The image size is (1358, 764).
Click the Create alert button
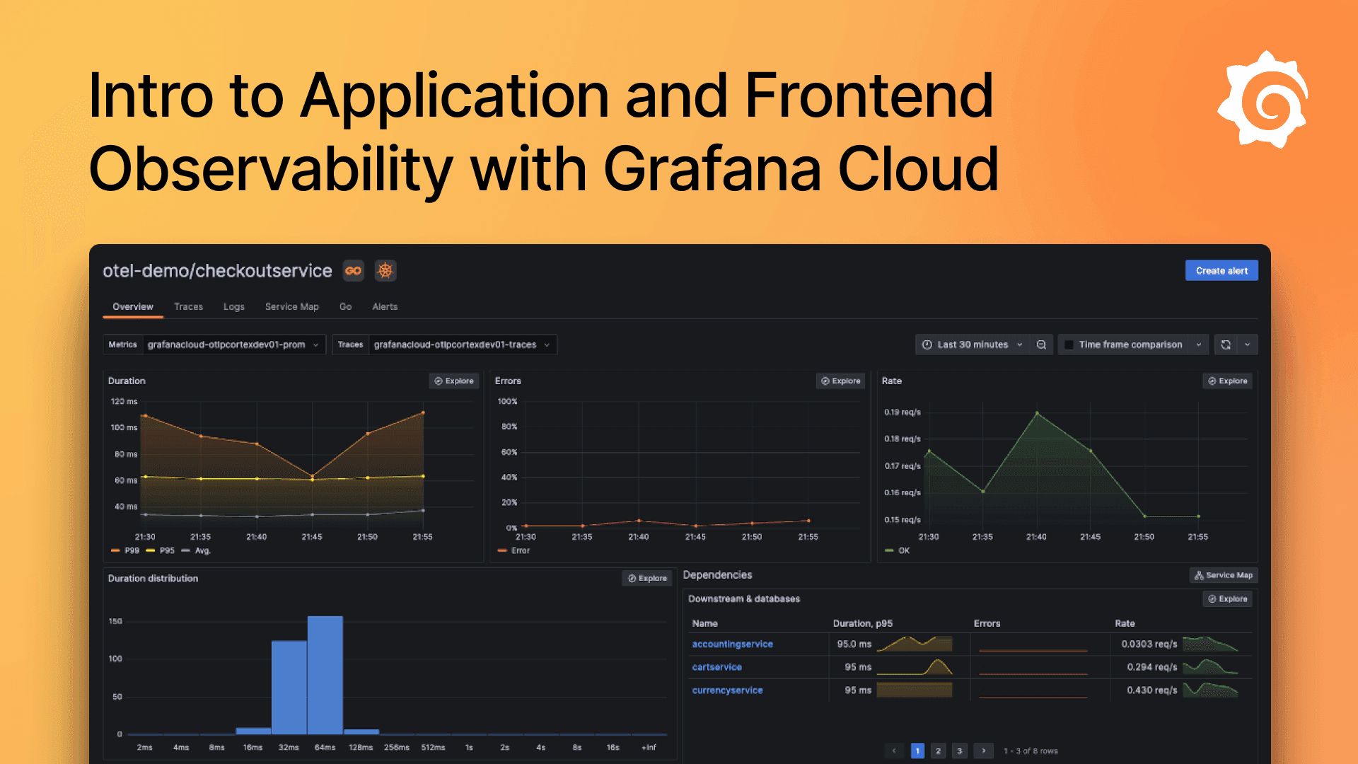(x=1221, y=271)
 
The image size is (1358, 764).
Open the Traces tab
(x=188, y=306)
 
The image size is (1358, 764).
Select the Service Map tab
(x=291, y=306)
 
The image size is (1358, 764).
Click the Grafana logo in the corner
(x=1263, y=100)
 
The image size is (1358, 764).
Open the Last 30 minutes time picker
(x=972, y=345)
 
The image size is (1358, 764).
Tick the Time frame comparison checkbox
(x=1069, y=345)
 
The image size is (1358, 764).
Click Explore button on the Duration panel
(x=454, y=381)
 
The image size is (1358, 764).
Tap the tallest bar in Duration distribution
(x=325, y=675)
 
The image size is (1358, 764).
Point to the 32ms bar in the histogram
(x=289, y=688)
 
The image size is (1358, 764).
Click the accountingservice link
(x=732, y=644)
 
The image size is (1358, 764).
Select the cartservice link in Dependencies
(x=716, y=667)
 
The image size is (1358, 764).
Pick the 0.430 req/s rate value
(x=1151, y=690)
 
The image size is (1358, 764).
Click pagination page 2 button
(x=938, y=751)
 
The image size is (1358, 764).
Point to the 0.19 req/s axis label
(x=903, y=412)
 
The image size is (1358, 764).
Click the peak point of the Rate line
(x=1037, y=413)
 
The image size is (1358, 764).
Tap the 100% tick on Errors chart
(x=507, y=401)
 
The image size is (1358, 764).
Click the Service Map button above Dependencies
(x=1224, y=575)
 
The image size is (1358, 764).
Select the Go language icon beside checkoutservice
(x=354, y=271)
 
